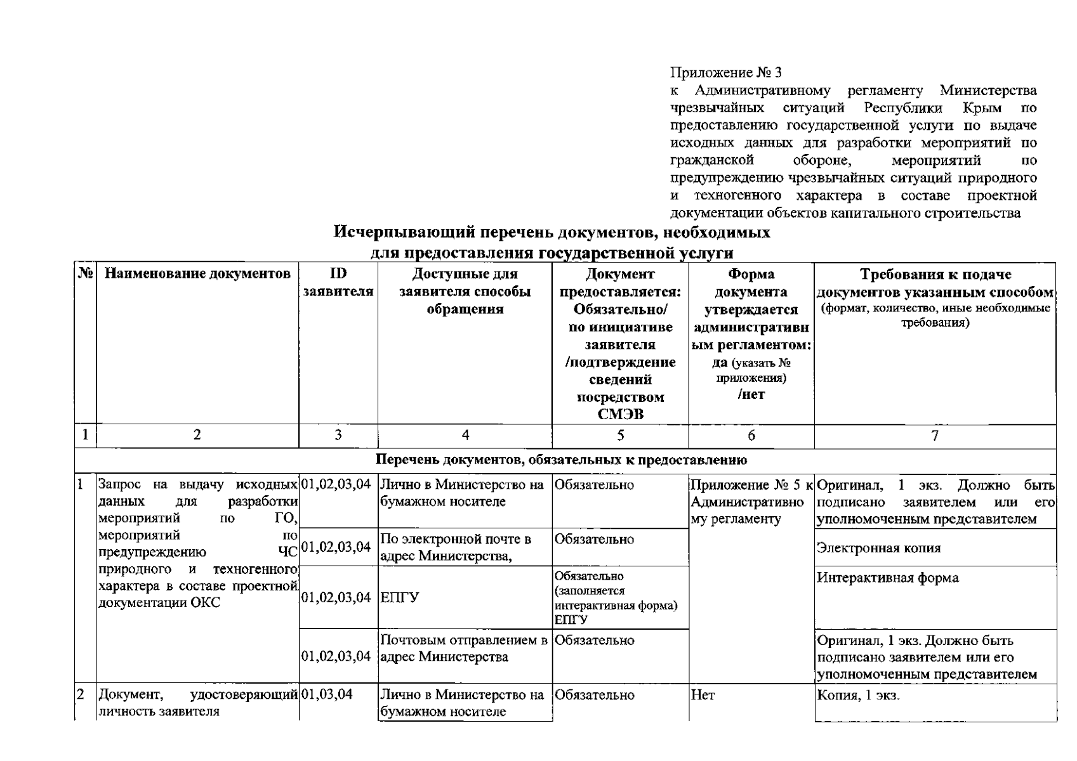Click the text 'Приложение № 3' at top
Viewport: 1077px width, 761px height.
pyautogui.click(x=726, y=73)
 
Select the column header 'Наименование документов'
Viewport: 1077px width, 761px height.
pyautogui.click(x=197, y=274)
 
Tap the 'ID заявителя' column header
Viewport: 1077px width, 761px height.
pyautogui.click(x=338, y=283)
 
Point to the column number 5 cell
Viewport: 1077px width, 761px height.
pyautogui.click(x=620, y=435)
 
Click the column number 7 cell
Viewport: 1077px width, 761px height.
pyautogui.click(x=934, y=435)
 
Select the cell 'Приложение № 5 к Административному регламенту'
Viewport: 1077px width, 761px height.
pyautogui.click(x=751, y=502)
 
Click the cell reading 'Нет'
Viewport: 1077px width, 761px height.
pyautogui.click(x=703, y=695)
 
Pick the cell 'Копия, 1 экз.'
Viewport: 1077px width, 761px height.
pyautogui.click(x=858, y=695)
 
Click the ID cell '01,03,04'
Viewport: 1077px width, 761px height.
pyautogui.click(x=327, y=695)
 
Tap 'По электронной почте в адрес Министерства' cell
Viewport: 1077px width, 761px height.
pyautogui.click(x=456, y=547)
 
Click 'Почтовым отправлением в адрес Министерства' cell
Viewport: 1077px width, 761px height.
pyautogui.click(x=463, y=648)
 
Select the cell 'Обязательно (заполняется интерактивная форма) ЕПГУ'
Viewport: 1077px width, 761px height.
pyautogui.click(x=616, y=597)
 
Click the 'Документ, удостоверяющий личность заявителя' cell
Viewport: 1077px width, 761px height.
pyautogui.click(x=197, y=703)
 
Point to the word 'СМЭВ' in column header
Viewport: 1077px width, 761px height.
pyautogui.click(x=620, y=415)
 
